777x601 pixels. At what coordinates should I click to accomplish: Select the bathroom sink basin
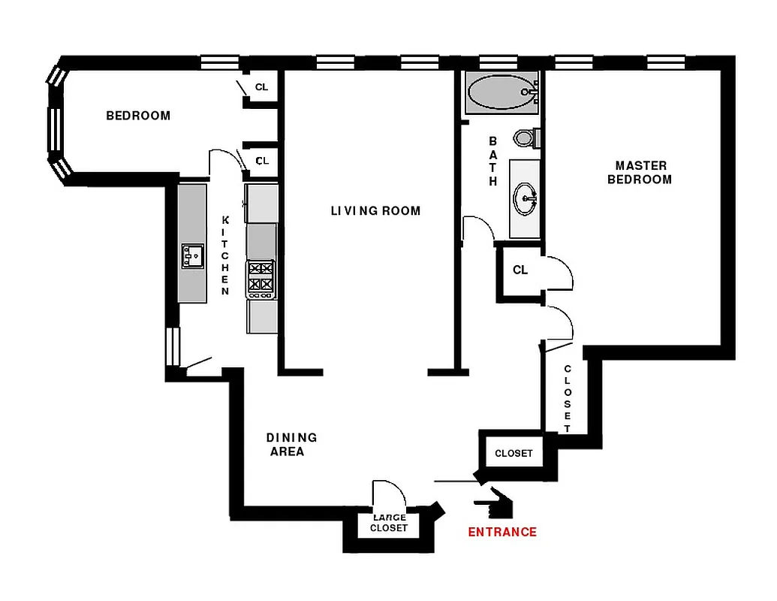(x=526, y=198)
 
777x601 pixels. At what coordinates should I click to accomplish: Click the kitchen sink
(x=192, y=256)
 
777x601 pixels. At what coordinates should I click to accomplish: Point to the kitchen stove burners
(x=261, y=276)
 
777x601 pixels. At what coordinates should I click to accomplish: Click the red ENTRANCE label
(x=502, y=532)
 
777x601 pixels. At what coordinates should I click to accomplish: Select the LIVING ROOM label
(x=375, y=211)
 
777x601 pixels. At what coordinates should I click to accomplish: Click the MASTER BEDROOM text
(x=640, y=173)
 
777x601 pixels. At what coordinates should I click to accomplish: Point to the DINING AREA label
(x=291, y=444)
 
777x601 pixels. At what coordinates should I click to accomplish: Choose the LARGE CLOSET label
(x=389, y=523)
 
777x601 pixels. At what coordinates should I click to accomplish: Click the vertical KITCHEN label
(x=225, y=255)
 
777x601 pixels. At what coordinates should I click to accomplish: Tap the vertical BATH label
(x=493, y=162)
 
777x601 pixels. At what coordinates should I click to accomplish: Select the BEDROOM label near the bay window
(x=138, y=116)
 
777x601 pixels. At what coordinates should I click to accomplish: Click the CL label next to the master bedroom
(x=520, y=270)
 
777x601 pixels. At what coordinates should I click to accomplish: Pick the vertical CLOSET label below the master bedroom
(x=568, y=398)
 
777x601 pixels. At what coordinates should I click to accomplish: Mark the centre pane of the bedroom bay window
(x=54, y=128)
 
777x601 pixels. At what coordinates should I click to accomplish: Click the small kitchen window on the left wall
(x=172, y=346)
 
